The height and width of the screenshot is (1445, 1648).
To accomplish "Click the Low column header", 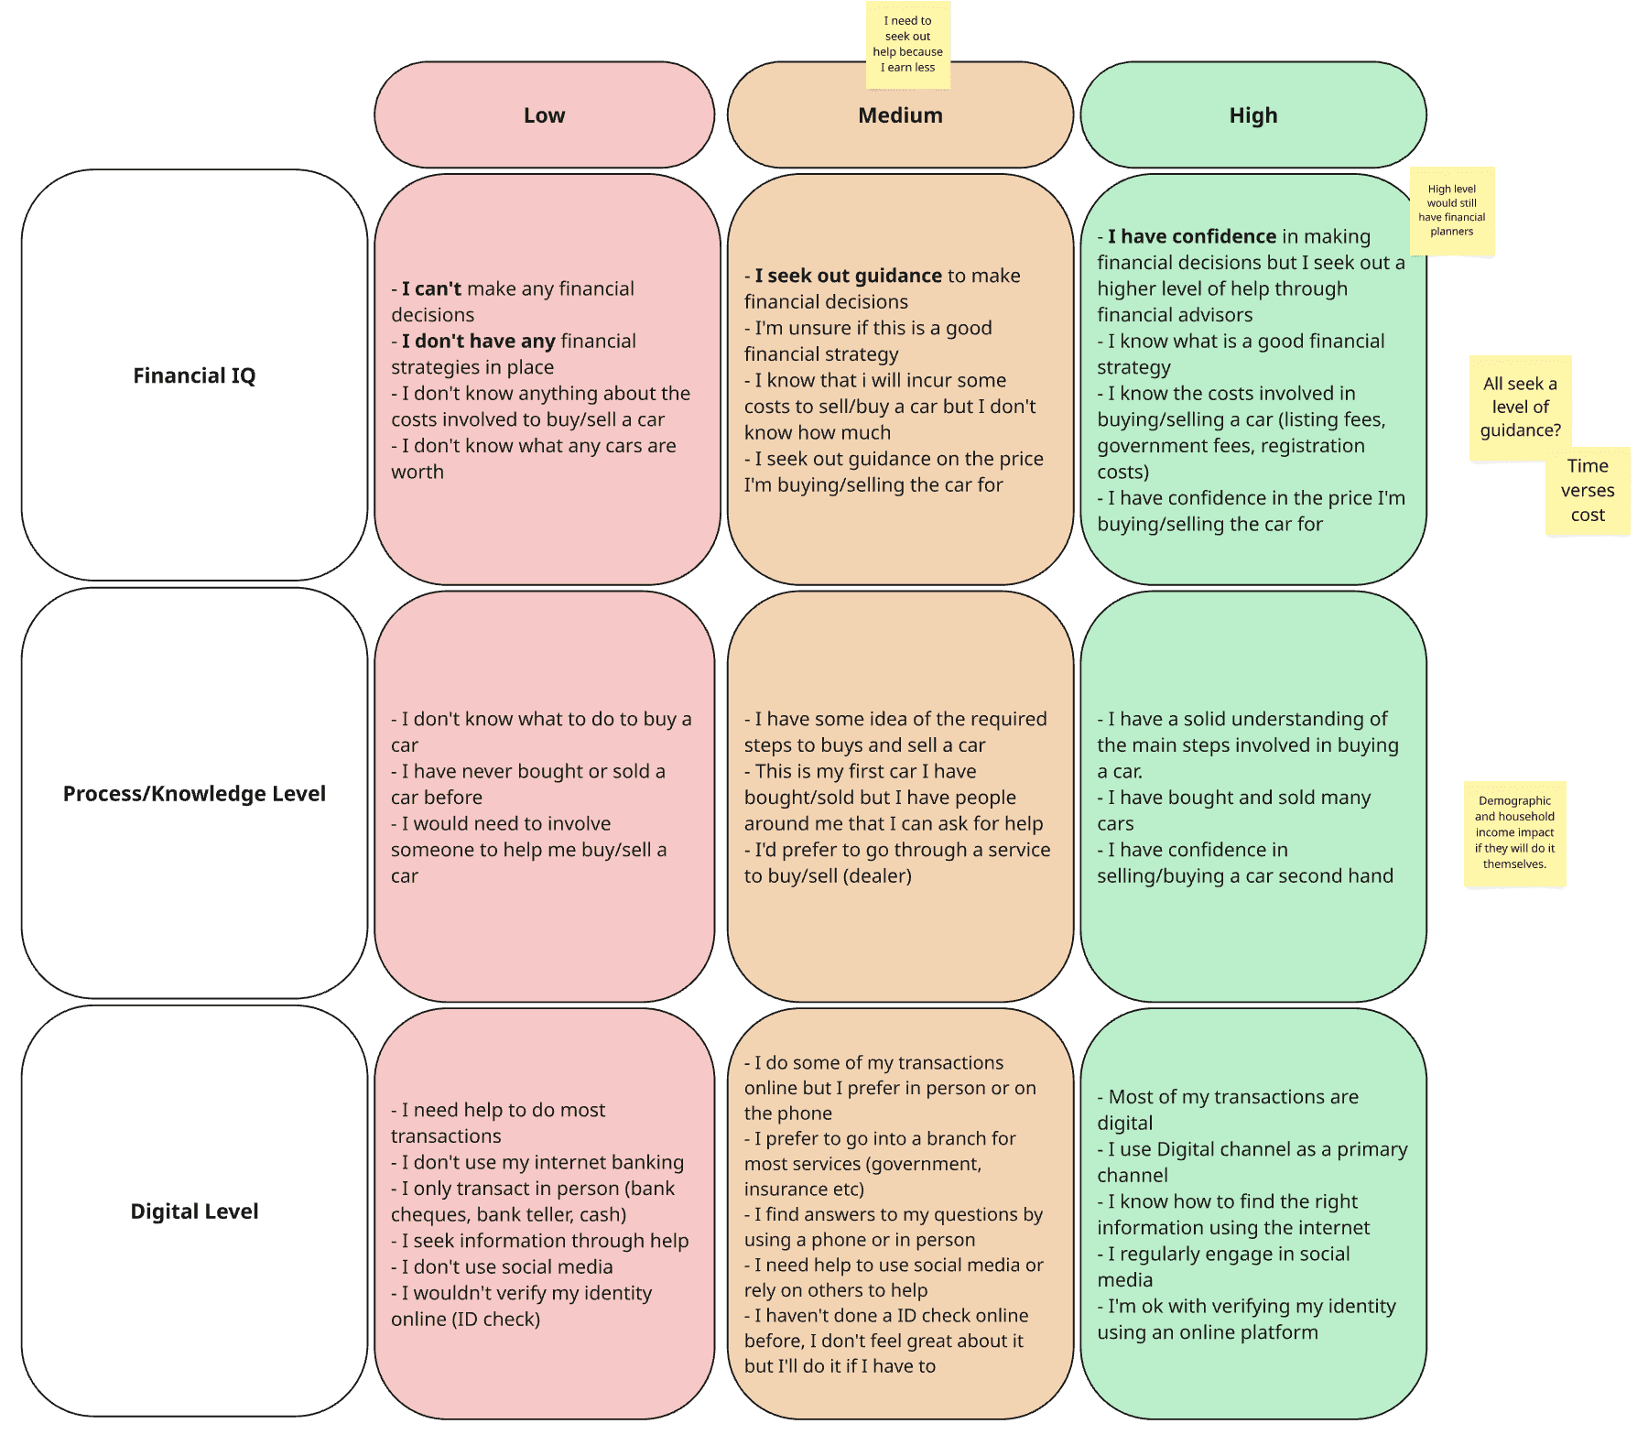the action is pos(544,115).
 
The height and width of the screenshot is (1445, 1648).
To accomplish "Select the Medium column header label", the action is pos(900,115).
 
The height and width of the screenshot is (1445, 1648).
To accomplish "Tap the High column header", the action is pos(1252,115).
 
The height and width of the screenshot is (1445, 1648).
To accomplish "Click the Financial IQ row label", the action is pos(194,375).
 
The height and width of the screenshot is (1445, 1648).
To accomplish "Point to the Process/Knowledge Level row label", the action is pos(194,794).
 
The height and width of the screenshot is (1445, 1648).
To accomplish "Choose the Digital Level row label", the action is pos(194,1211).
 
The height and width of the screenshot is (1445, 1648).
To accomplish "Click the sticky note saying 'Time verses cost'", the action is pos(1588,491).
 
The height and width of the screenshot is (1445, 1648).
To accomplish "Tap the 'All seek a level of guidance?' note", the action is pos(1521,407).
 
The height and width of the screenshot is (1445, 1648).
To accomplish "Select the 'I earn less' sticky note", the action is pos(908,45).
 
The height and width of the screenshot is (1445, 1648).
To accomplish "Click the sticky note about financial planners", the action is pos(1452,211).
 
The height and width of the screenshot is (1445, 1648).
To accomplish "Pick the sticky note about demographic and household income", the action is pos(1515,832).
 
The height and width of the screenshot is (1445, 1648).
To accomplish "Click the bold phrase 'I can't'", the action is pos(431,288).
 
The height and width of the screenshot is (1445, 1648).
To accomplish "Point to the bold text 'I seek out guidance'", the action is pos(848,276).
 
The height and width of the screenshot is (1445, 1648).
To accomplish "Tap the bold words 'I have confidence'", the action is pos(1192,236).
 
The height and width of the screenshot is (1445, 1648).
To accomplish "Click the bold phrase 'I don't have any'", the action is pos(478,341).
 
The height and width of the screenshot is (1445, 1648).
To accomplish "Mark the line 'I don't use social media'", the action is pos(502,1267).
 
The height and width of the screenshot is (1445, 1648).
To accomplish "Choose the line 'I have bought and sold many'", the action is pos(1234,798).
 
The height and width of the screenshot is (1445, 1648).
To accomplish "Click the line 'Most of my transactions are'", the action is pos(1228,1097).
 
